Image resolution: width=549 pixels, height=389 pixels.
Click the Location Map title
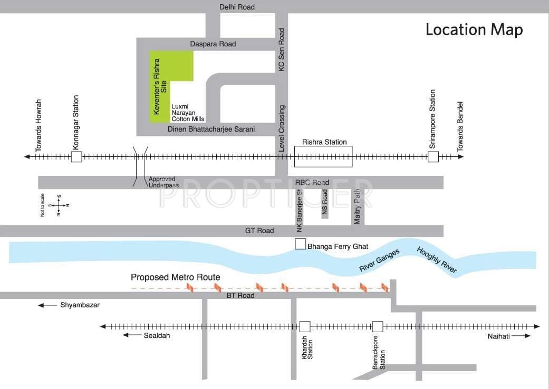(x=474, y=30)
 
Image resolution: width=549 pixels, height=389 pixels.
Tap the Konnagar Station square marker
(x=76, y=157)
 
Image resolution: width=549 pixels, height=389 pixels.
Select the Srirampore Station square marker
(x=433, y=157)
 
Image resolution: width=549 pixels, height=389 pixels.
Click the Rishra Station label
(x=324, y=142)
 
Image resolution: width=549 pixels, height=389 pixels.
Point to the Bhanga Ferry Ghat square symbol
(x=300, y=244)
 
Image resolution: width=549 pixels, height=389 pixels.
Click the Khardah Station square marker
(x=305, y=326)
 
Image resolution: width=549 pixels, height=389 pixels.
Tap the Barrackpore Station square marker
(x=378, y=326)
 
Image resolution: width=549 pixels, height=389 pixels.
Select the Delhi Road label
(x=237, y=7)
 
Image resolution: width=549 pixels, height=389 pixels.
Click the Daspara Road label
(x=214, y=44)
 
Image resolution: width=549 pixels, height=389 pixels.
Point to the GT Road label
(x=259, y=231)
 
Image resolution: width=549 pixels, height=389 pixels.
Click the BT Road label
(x=240, y=295)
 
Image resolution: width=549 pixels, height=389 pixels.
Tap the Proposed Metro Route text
(x=176, y=277)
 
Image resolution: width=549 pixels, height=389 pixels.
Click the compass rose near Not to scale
(x=59, y=205)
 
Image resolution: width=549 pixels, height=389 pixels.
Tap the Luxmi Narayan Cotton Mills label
(x=188, y=112)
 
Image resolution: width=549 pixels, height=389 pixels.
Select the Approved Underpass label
(x=163, y=182)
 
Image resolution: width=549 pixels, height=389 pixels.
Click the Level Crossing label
(x=282, y=129)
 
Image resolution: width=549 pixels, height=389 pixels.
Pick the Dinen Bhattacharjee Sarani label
(x=211, y=129)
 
